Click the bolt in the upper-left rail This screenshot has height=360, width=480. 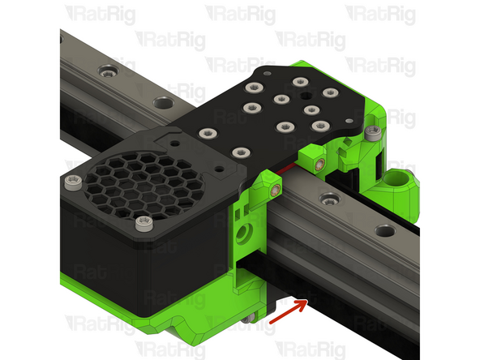click(x=105, y=72)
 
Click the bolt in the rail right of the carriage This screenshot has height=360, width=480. click(x=328, y=197)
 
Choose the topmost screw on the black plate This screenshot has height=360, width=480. click(x=299, y=82)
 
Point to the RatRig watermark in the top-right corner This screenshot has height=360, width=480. click(x=378, y=13)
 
